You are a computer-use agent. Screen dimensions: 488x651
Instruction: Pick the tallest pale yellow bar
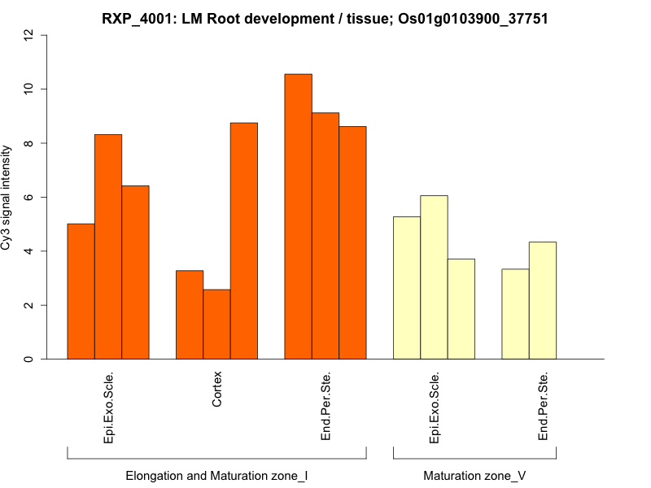pos(434,277)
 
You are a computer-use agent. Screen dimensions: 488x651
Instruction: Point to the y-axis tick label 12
pos(29,35)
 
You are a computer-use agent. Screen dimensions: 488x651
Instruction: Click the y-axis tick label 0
pos(29,359)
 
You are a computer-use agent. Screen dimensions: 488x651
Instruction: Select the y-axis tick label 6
pos(29,198)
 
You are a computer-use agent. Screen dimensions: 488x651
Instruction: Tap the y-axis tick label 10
pos(29,89)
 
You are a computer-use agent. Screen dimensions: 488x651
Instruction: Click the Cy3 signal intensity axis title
pos(7,198)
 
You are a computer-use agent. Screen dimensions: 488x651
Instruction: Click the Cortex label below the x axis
pos(217,390)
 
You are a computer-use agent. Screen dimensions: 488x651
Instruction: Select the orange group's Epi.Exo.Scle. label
pos(109,407)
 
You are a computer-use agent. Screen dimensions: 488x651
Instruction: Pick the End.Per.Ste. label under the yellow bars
pos(544,407)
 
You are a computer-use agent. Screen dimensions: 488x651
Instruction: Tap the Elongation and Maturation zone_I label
pos(216,475)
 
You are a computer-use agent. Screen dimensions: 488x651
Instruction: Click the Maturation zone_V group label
pos(474,475)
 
